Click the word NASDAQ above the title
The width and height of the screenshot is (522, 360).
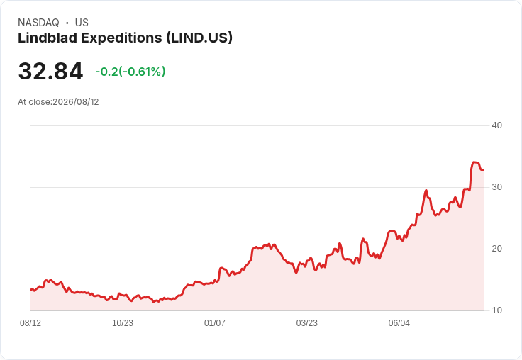click(x=38, y=23)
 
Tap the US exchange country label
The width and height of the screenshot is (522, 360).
click(x=82, y=23)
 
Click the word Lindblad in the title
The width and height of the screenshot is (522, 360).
click(x=48, y=38)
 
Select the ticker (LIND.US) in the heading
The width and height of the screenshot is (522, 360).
click(x=199, y=38)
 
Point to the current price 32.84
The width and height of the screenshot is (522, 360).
click(x=50, y=71)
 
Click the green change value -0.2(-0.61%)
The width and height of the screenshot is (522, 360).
click(x=130, y=72)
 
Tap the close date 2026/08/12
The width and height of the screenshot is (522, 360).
click(x=76, y=102)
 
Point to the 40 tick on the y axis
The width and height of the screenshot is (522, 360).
click(x=496, y=125)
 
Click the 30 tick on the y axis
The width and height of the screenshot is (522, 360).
click(x=496, y=187)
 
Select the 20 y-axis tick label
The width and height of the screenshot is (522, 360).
click(x=496, y=249)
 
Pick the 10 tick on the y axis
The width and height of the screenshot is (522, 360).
click(x=496, y=310)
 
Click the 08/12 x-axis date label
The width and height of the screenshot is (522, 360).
click(x=30, y=322)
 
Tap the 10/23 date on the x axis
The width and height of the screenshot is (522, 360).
click(x=123, y=322)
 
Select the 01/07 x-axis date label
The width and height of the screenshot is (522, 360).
click(x=215, y=322)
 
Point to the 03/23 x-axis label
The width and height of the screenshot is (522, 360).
click(x=306, y=322)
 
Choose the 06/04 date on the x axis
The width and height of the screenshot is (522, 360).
click(x=399, y=322)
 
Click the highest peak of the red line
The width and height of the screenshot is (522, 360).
click(x=474, y=162)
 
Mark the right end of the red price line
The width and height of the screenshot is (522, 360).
click(x=484, y=170)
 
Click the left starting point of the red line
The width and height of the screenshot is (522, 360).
click(x=31, y=289)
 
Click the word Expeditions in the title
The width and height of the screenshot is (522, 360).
click(x=121, y=38)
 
